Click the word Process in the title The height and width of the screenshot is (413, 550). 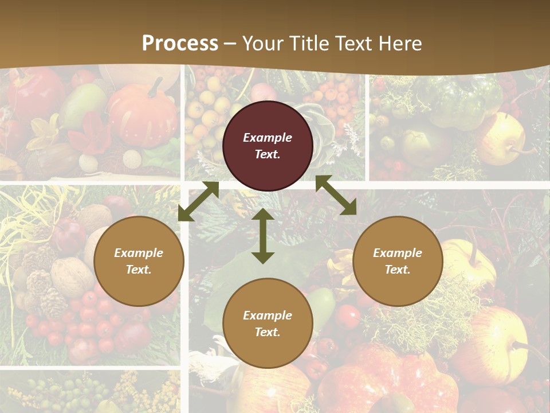pos(180,44)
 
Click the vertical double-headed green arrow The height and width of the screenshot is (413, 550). pos(263,236)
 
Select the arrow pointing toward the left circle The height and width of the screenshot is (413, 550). pos(198,201)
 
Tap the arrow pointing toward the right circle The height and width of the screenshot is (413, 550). pos(336,195)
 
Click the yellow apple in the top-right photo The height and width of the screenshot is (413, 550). pos(502,138)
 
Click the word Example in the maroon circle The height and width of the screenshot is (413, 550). pos(268,138)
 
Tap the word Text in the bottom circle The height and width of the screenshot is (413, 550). pos(267,332)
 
